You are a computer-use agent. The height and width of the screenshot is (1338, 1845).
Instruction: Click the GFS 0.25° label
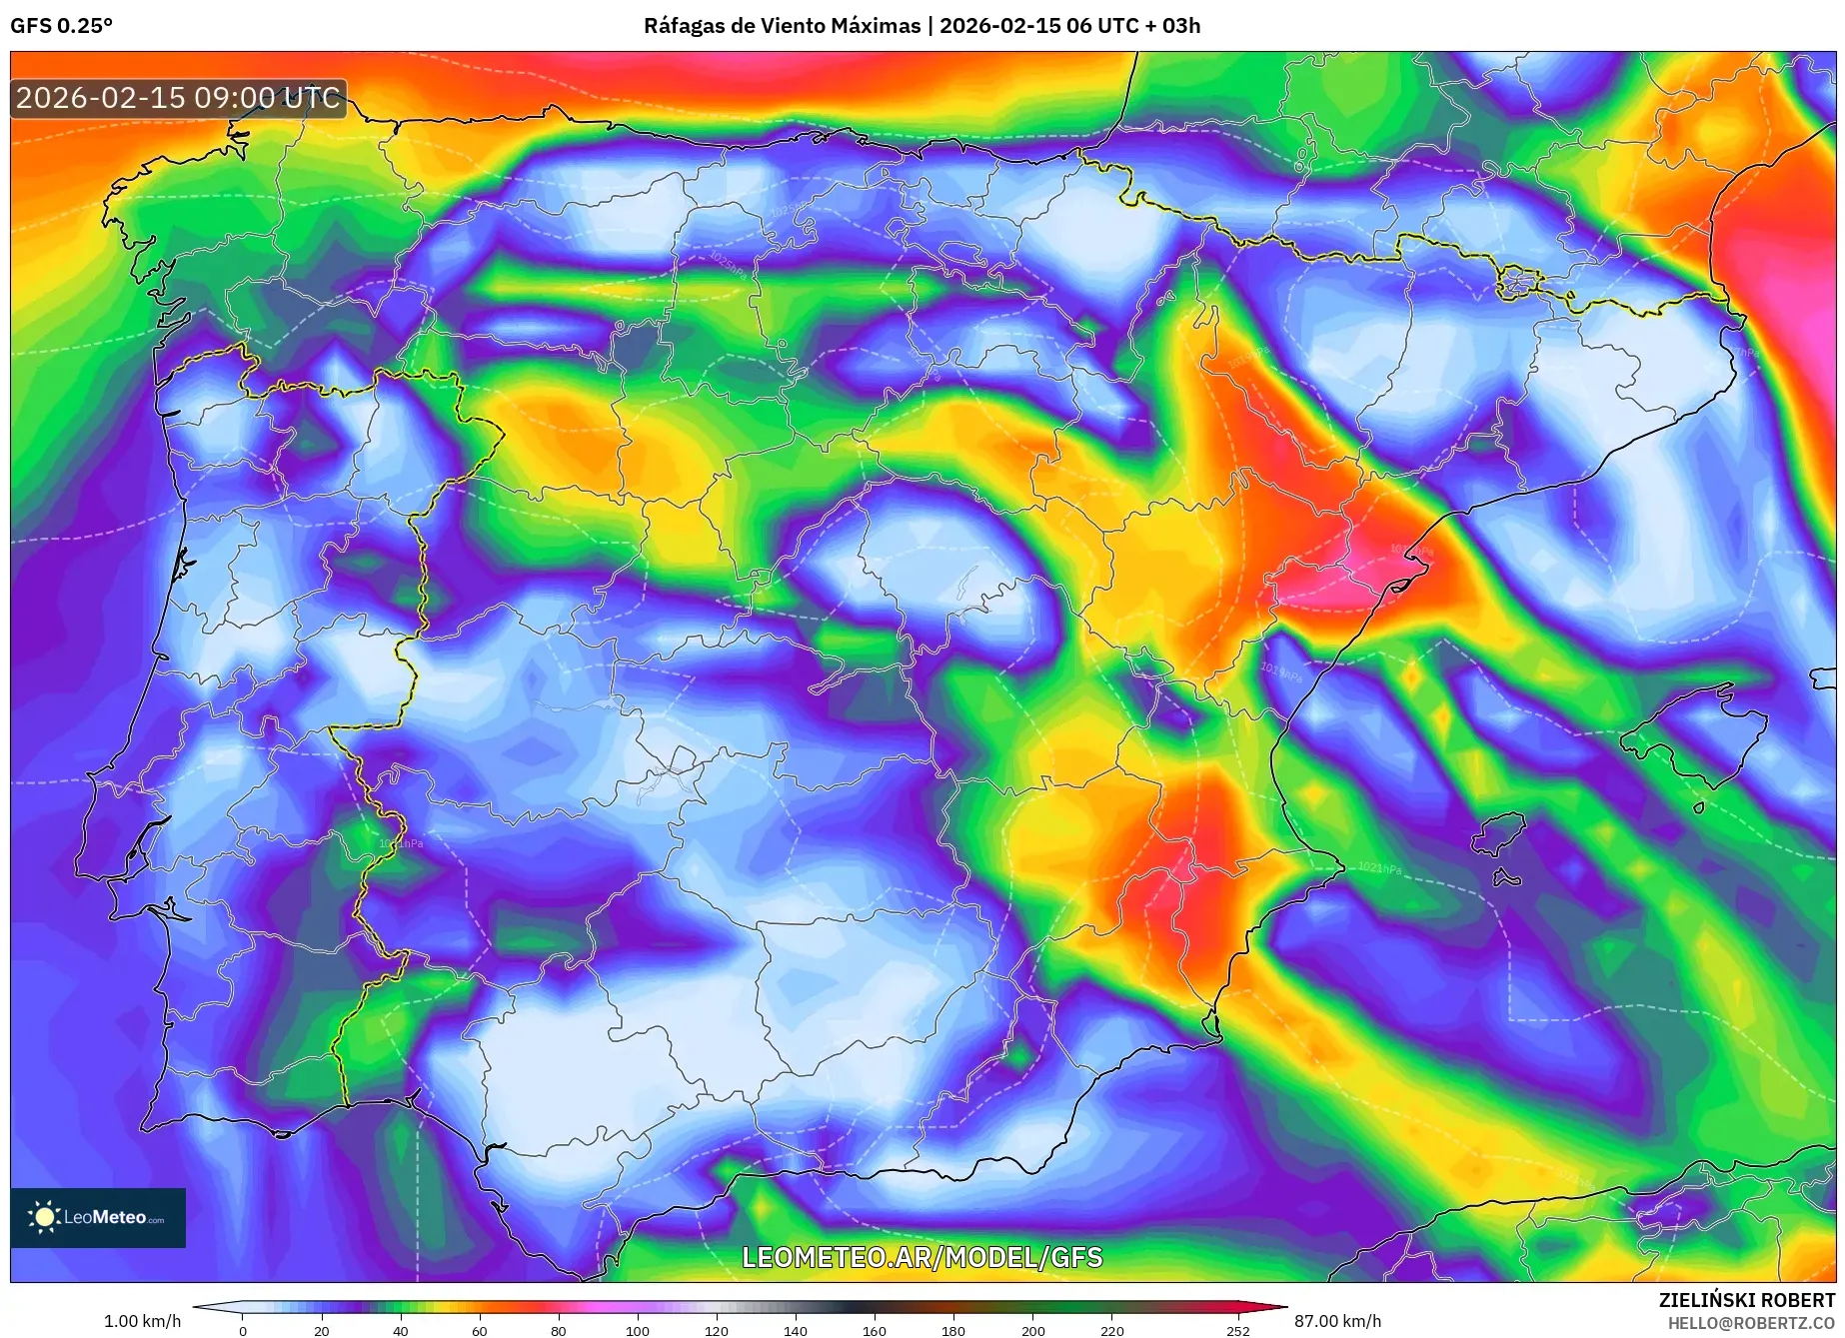pyautogui.click(x=61, y=26)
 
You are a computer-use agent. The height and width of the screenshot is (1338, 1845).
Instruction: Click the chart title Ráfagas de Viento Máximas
pyautogui.click(x=782, y=26)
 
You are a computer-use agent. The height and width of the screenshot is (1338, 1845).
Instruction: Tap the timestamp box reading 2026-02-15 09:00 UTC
pyautogui.click(x=178, y=98)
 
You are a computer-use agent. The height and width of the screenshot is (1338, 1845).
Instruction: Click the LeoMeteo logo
pyautogui.click(x=98, y=1217)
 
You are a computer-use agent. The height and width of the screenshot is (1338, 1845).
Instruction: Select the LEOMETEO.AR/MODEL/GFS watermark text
pyautogui.click(x=922, y=1257)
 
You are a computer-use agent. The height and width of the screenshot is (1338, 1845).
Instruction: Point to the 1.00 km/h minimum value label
pyautogui.click(x=142, y=1321)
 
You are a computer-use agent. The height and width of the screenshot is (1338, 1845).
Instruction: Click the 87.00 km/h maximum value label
pyautogui.click(x=1337, y=1321)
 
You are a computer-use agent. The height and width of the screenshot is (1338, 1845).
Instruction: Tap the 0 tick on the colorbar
pyautogui.click(x=242, y=1331)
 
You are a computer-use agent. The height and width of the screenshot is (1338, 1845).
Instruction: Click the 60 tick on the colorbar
pyautogui.click(x=480, y=1331)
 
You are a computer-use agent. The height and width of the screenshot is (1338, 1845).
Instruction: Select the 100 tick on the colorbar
pyautogui.click(x=638, y=1331)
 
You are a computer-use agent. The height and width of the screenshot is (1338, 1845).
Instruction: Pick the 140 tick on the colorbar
pyautogui.click(x=796, y=1331)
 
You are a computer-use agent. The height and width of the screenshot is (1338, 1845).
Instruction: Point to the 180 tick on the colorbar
pyautogui.click(x=953, y=1331)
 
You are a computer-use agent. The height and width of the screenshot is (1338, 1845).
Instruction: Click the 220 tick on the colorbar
pyautogui.click(x=1112, y=1331)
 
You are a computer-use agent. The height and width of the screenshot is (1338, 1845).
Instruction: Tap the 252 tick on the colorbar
pyautogui.click(x=1238, y=1331)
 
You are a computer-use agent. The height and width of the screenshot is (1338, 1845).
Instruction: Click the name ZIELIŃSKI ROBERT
pyautogui.click(x=1747, y=1300)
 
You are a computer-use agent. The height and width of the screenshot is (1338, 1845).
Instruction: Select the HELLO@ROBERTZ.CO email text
pyautogui.click(x=1751, y=1323)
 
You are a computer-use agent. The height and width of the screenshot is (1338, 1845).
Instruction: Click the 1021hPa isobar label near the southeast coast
pyautogui.click(x=1379, y=867)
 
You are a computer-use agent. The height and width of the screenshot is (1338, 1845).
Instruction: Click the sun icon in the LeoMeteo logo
pyautogui.click(x=44, y=1216)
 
